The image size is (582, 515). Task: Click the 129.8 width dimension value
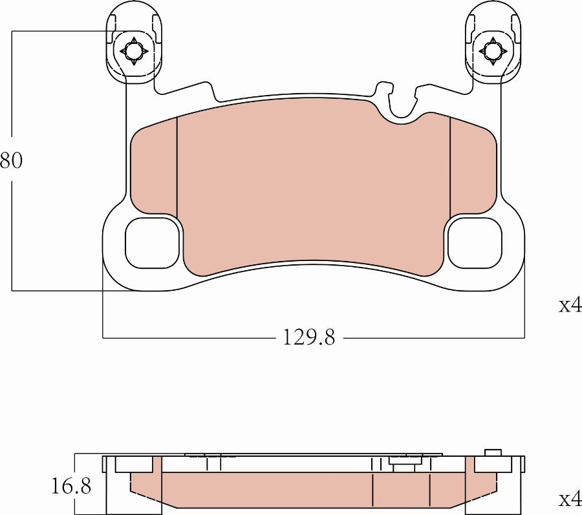click(x=308, y=337)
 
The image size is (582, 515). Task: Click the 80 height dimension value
click(x=11, y=160)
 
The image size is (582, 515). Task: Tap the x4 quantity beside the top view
click(x=569, y=306)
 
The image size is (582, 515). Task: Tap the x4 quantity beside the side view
click(x=569, y=499)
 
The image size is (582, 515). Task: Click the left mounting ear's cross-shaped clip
click(x=133, y=51)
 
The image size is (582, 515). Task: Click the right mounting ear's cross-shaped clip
click(x=493, y=51)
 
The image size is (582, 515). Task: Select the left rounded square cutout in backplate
click(x=151, y=243)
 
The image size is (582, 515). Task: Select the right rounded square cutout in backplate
click(x=475, y=243)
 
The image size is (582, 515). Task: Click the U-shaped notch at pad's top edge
click(x=405, y=113)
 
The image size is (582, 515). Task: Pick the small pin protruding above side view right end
click(x=493, y=452)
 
